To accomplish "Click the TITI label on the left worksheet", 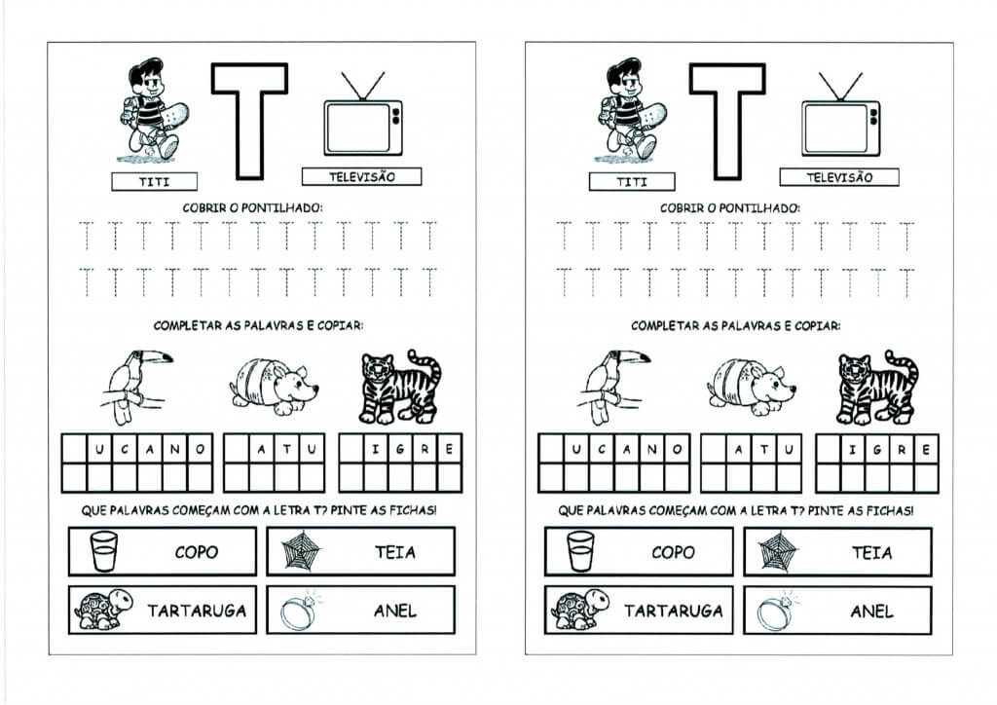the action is [155, 182].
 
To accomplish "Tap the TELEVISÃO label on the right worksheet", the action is [839, 177].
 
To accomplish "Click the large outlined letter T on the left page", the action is [249, 121].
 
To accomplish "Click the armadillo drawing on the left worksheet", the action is [274, 386].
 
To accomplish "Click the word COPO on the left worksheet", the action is [197, 552].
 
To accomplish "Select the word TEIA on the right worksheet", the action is [871, 552].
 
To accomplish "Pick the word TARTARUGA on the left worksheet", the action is [197, 611].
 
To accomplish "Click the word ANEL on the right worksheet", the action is [871, 612].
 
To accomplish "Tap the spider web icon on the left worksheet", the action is [301, 550].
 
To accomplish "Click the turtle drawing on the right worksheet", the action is [580, 610].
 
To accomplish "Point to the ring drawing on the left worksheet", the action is [300, 611].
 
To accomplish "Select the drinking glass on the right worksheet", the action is [580, 551].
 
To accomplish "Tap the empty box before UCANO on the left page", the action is [74, 449].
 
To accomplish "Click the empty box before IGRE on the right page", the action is [829, 450].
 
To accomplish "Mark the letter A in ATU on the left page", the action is [261, 450].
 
